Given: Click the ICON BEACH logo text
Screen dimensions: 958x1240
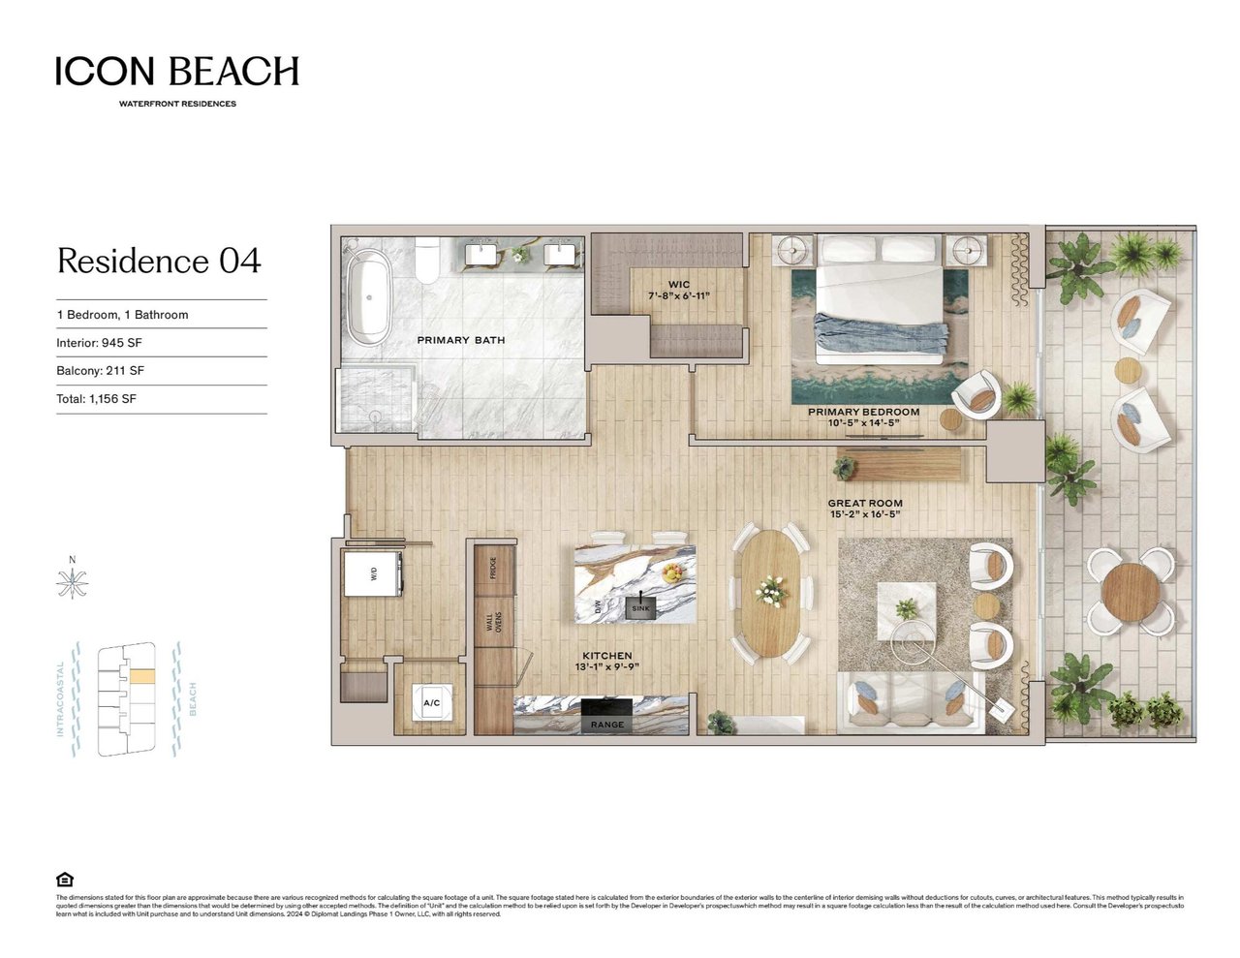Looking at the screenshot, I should (x=177, y=71).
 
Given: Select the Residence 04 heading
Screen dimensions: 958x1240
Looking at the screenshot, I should (x=159, y=261).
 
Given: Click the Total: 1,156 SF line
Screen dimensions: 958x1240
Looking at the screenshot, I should (x=96, y=399).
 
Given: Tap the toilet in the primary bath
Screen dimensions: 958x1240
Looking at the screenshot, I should (x=426, y=262).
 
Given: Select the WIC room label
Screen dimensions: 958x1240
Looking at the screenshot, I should (x=679, y=286).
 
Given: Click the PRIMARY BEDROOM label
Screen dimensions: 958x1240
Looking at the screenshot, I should (x=863, y=412).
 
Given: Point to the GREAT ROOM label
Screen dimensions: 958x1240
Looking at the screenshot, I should (x=864, y=504).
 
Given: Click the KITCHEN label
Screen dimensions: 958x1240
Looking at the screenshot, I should (x=606, y=656).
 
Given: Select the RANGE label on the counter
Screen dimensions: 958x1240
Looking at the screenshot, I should (x=607, y=725).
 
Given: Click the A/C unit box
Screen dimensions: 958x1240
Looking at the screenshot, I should (x=431, y=703).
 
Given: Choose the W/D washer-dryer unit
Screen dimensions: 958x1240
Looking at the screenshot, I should (x=373, y=574).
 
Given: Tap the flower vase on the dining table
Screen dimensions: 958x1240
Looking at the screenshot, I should (x=771, y=589).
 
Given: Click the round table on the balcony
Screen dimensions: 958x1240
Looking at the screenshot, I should (x=1130, y=590).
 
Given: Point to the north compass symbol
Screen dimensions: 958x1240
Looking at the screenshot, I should (x=72, y=582).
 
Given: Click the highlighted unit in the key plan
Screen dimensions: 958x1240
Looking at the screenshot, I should (x=141, y=677).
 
